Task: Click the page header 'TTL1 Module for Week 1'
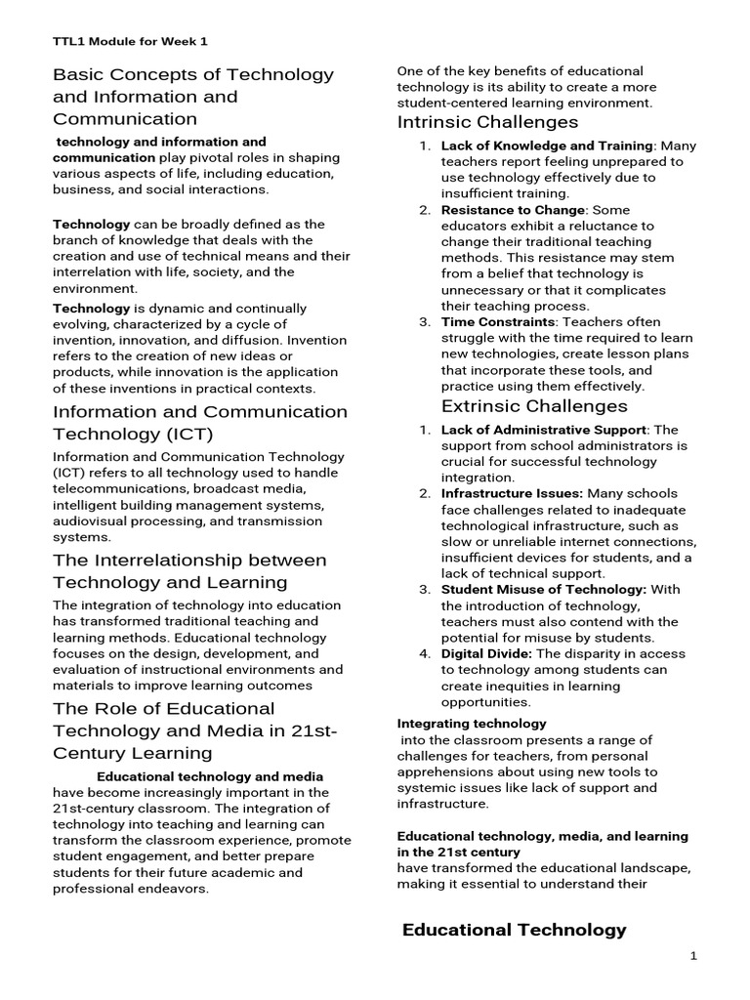(x=129, y=42)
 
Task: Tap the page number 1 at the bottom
(x=693, y=956)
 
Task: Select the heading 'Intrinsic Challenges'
(x=487, y=122)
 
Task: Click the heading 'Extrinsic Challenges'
(x=534, y=406)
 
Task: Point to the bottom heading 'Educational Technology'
(x=514, y=930)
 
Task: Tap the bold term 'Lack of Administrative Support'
(x=543, y=430)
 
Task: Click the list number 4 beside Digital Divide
(x=425, y=653)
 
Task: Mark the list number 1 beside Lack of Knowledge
(x=425, y=146)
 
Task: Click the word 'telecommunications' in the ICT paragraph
(x=114, y=489)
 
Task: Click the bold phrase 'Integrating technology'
(x=472, y=724)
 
